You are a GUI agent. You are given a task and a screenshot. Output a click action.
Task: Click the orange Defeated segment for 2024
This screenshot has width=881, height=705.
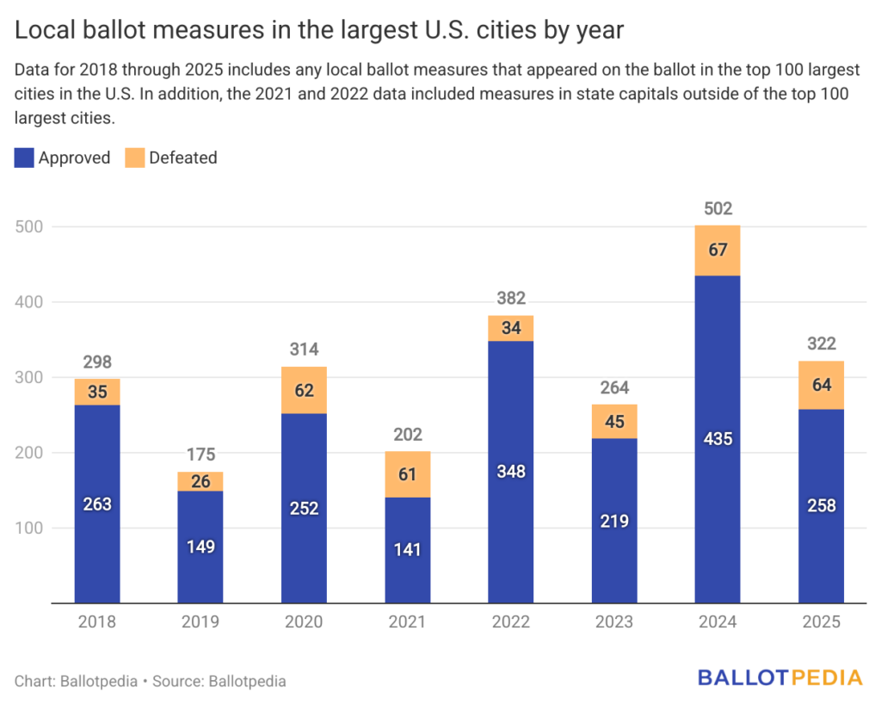point(718,250)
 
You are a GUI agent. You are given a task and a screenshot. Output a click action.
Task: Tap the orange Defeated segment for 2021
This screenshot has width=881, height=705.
point(408,474)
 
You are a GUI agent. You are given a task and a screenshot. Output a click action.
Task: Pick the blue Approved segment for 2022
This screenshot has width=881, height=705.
point(511,472)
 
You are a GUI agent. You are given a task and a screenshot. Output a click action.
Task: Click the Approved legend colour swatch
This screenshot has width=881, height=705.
point(24,158)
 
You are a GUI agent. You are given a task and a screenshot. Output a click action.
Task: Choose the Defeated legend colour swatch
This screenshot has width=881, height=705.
point(133,158)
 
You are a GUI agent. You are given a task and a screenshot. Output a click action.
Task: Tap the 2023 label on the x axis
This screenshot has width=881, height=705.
point(614,622)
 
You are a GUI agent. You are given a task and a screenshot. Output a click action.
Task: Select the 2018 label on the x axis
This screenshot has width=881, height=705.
point(97,622)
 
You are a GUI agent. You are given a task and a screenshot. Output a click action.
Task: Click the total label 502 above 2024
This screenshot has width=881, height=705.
point(718,208)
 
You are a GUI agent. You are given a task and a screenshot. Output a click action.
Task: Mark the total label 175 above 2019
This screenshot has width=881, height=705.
point(200,455)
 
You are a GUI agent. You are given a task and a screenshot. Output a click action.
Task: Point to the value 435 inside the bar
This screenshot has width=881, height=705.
point(718,439)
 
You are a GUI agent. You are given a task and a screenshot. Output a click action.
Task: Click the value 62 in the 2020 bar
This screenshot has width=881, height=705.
point(304,390)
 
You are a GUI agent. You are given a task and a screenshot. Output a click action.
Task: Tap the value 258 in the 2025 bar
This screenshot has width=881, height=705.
point(822,505)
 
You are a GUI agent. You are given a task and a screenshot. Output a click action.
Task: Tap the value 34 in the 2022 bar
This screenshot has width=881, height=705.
point(511,328)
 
